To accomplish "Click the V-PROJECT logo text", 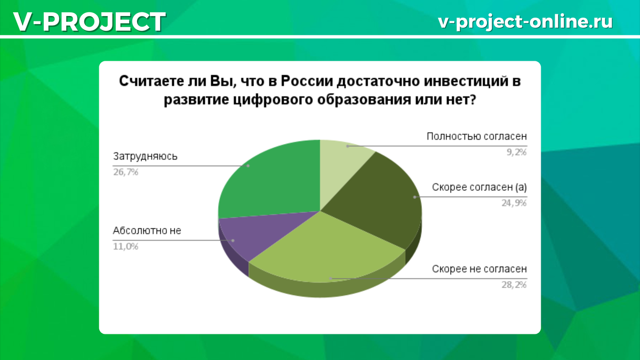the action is pos(90,22).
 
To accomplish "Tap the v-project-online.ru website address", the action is pos(525,22).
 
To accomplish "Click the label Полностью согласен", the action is pos(477,137).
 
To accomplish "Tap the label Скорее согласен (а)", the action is pos(479,187).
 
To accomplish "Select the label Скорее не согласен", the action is pos(479,269).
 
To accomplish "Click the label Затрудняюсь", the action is pos(145,157).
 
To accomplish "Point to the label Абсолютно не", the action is pos(147,230).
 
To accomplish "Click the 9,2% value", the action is pos(517,153).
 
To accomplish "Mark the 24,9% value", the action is pos(514,203).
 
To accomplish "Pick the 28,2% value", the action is pos(514,285).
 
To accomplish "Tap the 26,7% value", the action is pos(126,172).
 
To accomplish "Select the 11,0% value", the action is pos(126,246).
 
